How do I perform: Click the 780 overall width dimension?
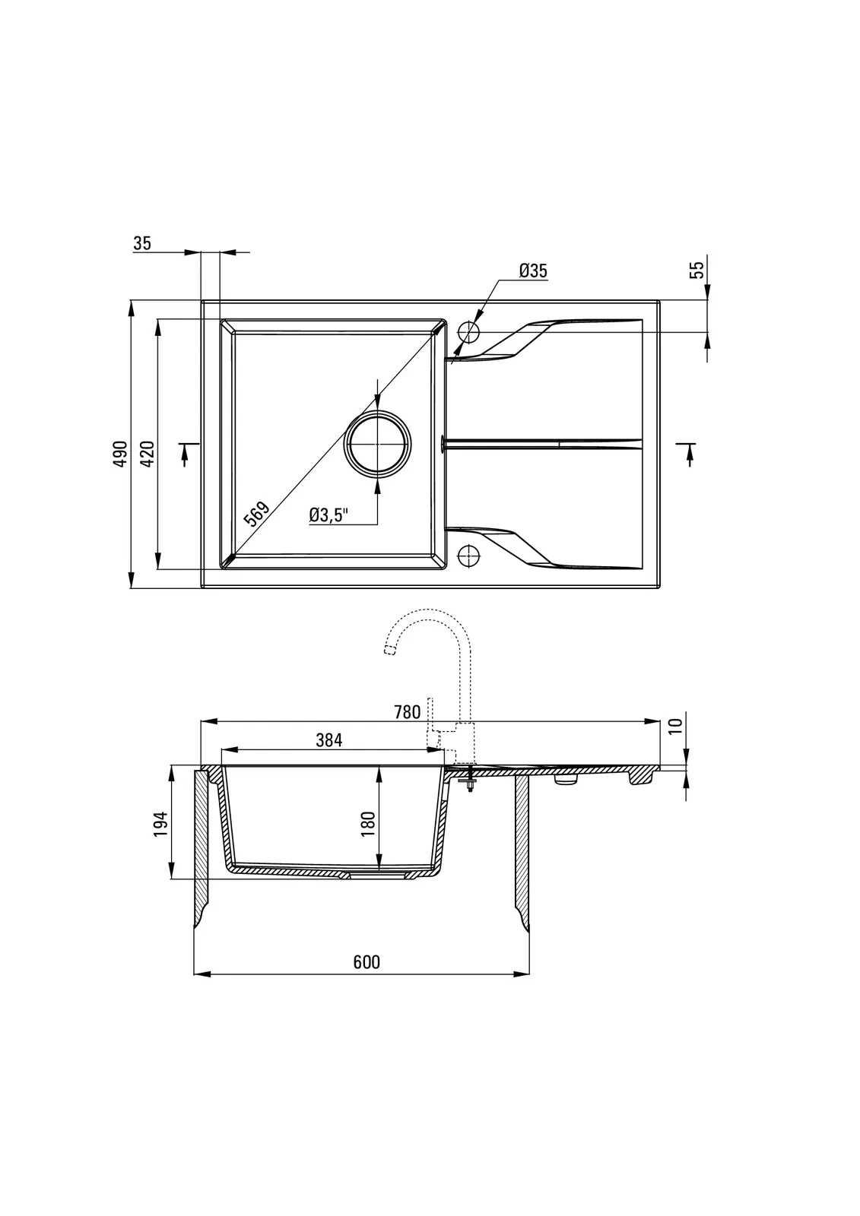pyautogui.click(x=407, y=711)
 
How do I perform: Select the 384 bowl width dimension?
pyautogui.click(x=329, y=740)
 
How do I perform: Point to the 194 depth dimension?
pyautogui.click(x=160, y=824)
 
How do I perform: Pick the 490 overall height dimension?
pyautogui.click(x=120, y=453)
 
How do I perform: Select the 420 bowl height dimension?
pyautogui.click(x=148, y=454)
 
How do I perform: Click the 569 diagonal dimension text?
pyautogui.click(x=256, y=514)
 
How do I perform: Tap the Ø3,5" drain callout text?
pyautogui.click(x=328, y=515)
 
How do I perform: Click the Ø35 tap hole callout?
pyautogui.click(x=533, y=271)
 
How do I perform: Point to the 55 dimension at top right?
pyautogui.click(x=697, y=270)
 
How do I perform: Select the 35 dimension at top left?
pyautogui.click(x=141, y=244)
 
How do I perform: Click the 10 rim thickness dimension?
pyautogui.click(x=674, y=727)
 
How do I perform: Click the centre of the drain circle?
pyautogui.click(x=378, y=445)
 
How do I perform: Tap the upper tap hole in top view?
pyautogui.click(x=468, y=331)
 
